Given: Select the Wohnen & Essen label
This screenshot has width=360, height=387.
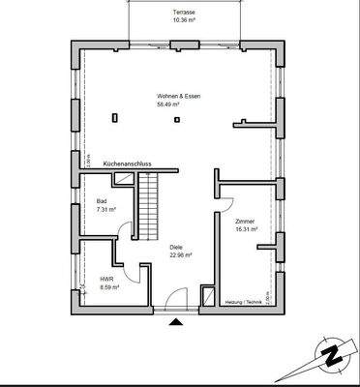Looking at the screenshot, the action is click(x=176, y=97).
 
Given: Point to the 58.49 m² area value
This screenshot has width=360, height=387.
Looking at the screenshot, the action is click(x=176, y=104).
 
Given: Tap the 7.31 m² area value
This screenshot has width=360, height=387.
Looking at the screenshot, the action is click(x=105, y=209).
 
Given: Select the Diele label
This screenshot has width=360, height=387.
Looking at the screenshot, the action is click(x=176, y=248).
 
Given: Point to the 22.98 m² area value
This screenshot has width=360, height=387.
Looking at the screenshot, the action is click(x=180, y=255).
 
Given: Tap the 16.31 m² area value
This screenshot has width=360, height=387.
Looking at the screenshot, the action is click(x=246, y=229).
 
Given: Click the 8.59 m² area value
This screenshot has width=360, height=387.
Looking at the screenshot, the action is click(x=107, y=286).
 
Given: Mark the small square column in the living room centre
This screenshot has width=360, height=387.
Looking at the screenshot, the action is click(x=176, y=121).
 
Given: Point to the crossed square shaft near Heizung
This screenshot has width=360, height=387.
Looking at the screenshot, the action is click(x=207, y=294).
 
